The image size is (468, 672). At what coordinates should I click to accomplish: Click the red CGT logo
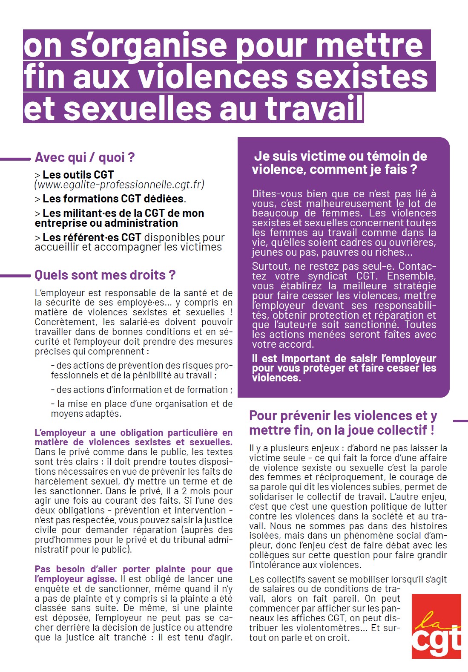click(436, 626)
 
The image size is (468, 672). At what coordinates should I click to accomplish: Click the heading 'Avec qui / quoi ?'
click(85, 158)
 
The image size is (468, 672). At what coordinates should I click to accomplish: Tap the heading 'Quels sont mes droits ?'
click(105, 275)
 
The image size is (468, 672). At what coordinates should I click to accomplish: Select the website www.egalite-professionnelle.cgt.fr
click(119, 185)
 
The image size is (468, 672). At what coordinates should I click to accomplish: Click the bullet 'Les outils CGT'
click(78, 175)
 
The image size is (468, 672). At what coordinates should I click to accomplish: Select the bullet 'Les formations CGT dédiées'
click(113, 199)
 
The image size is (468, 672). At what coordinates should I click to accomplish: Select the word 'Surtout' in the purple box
click(268, 267)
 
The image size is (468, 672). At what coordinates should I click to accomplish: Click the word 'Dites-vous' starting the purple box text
click(272, 194)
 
